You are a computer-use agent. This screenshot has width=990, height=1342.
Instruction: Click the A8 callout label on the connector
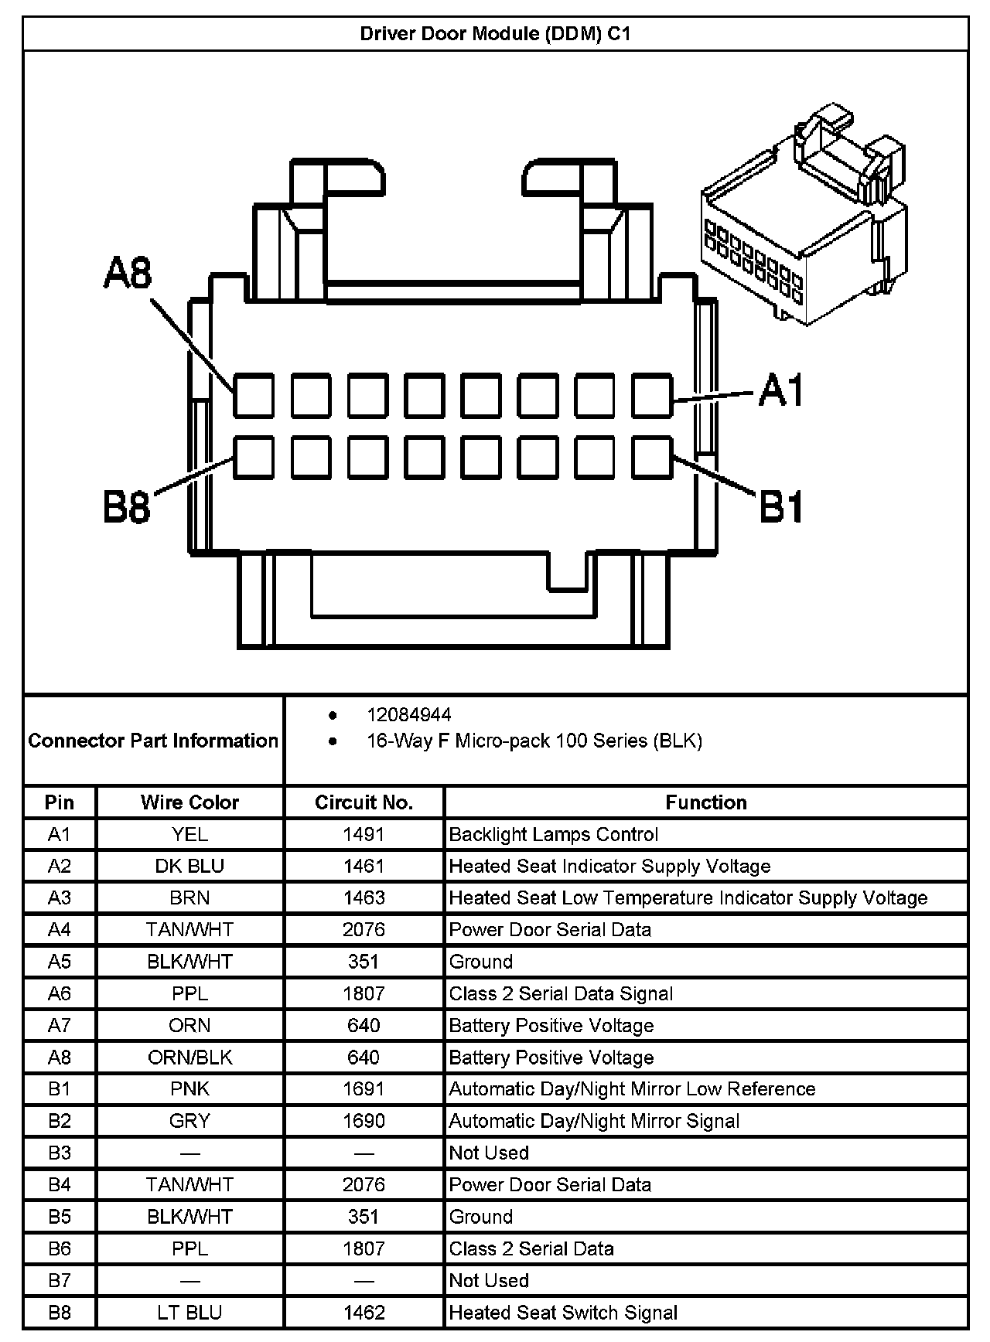(x=128, y=274)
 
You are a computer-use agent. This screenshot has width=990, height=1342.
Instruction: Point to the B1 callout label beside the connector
(x=781, y=508)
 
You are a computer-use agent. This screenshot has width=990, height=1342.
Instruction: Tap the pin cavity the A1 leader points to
(x=652, y=395)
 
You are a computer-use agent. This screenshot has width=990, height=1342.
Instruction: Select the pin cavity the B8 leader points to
(x=254, y=457)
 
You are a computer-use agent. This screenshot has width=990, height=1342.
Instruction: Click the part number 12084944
(x=409, y=715)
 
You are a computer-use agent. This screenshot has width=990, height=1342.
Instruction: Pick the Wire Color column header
(x=189, y=802)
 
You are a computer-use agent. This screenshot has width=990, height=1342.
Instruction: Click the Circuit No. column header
(x=364, y=802)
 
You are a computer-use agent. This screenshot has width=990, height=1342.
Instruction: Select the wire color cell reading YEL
(x=189, y=835)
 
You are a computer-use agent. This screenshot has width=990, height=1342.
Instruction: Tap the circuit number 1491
(x=364, y=835)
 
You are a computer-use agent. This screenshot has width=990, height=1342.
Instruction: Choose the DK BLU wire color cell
(x=189, y=867)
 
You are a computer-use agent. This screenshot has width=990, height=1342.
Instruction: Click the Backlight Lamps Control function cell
(x=553, y=835)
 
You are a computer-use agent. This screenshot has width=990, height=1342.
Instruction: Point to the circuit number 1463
(x=364, y=898)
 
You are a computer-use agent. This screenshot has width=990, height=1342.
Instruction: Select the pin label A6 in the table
(x=60, y=993)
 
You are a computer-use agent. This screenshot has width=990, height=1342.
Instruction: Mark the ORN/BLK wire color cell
(x=189, y=1058)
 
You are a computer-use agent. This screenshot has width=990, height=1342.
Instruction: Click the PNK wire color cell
(x=189, y=1089)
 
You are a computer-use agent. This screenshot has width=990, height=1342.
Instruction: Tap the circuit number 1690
(x=364, y=1121)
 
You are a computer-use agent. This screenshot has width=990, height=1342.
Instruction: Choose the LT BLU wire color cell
(x=189, y=1313)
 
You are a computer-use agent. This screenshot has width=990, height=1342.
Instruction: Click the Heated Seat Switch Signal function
(x=563, y=1313)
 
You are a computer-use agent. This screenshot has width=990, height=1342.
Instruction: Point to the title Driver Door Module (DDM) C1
(x=495, y=34)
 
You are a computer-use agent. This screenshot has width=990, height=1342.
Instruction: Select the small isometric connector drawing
(x=804, y=216)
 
